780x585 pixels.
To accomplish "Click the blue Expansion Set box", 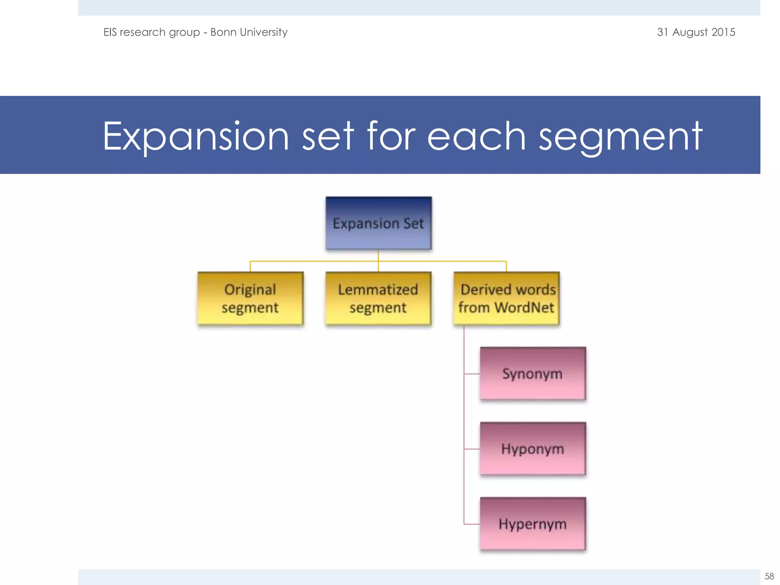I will point(379,223).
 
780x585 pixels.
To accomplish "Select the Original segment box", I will point(250,299).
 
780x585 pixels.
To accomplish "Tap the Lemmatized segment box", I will point(378,299).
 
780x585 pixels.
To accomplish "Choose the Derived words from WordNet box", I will point(506,299).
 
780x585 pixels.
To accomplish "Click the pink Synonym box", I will point(532,374).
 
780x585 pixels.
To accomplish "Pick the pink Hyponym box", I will point(532,449).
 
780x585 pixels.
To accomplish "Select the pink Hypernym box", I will point(532,524).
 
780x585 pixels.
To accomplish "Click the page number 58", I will point(769,576).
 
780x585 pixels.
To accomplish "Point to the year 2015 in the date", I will point(723,32).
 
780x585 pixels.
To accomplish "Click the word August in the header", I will point(690,32).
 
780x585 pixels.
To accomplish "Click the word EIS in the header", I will point(110,32).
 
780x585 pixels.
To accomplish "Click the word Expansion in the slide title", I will point(196,136).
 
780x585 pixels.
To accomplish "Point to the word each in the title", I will point(476,136).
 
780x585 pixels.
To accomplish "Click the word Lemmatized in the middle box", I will point(378,289).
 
